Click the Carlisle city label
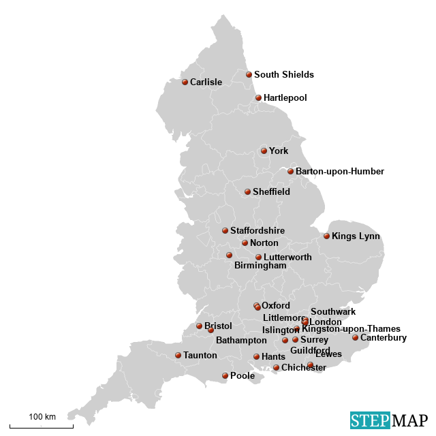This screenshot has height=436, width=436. pyautogui.click(x=206, y=82)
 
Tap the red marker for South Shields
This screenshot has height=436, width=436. pyautogui.click(x=249, y=75)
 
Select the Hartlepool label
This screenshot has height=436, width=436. pyautogui.click(x=285, y=98)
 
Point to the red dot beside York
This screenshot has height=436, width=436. pyautogui.click(x=264, y=151)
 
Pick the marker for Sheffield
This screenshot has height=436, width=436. pyautogui.click(x=247, y=192)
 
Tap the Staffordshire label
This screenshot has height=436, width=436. pyautogui.click(x=257, y=231)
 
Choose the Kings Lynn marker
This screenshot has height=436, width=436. pyautogui.click(x=326, y=236)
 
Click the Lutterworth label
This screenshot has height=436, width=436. pyautogui.click(x=287, y=258)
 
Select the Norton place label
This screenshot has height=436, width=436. pyautogui.click(x=264, y=243)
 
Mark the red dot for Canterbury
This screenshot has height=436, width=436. pyautogui.click(x=355, y=337)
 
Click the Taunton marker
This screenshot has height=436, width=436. pyautogui.click(x=178, y=355)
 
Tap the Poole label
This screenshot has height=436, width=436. pyautogui.click(x=242, y=376)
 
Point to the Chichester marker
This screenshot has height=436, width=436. pyautogui.click(x=276, y=368)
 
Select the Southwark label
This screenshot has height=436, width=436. pyautogui.click(x=333, y=312)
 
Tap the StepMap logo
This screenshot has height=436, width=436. pyautogui.click(x=389, y=420)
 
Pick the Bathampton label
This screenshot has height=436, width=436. pyautogui.click(x=241, y=340)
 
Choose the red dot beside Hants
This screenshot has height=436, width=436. pyautogui.click(x=256, y=356)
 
